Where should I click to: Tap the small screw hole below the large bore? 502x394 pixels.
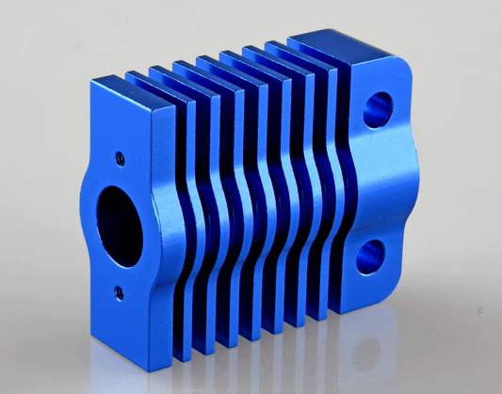119,292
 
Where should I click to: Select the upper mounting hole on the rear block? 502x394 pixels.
379,110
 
